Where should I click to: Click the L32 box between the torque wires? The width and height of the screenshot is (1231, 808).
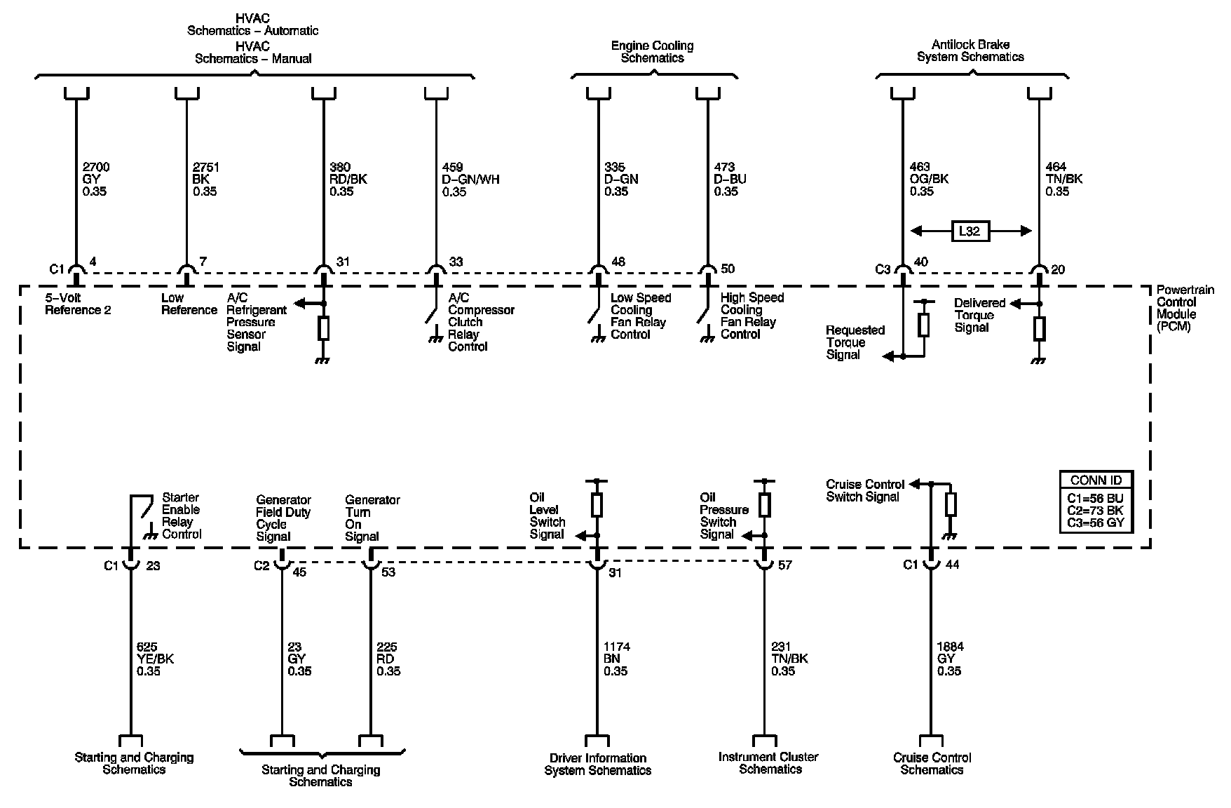[970, 231]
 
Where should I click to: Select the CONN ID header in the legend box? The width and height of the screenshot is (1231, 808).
[1096, 480]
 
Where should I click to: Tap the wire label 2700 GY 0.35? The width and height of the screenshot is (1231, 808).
[95, 179]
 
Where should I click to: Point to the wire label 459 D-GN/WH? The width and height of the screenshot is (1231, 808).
[470, 179]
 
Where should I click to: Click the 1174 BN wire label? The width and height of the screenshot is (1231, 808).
[616, 659]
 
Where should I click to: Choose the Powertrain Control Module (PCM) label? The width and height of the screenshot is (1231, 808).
[1177, 308]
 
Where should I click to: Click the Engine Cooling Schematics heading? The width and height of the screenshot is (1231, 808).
[652, 52]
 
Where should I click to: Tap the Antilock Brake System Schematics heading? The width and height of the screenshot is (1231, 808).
[970, 51]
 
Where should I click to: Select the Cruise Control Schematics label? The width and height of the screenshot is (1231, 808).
[932, 763]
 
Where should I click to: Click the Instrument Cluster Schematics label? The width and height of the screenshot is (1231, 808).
[768, 763]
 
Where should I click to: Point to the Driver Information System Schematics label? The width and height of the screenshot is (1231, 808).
[597, 764]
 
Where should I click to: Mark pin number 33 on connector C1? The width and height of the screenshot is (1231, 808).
[456, 262]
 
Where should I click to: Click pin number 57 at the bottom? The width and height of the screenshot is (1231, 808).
[785, 565]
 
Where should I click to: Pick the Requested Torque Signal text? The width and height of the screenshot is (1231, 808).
[855, 342]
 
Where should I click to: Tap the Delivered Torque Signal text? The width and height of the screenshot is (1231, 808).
[979, 315]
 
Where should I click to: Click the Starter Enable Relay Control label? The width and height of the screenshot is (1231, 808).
[181, 516]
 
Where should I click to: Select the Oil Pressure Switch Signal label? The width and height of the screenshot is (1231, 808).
[723, 516]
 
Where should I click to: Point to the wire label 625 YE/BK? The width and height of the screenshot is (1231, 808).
[155, 659]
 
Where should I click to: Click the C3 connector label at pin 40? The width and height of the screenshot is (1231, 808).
[882, 269]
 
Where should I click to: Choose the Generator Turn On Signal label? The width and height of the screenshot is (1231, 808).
[372, 518]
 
